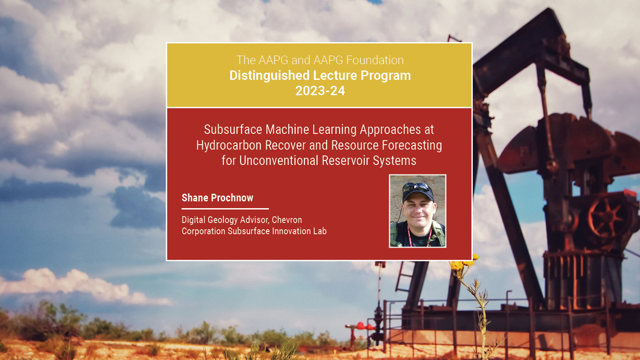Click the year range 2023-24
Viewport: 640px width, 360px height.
point(320,91)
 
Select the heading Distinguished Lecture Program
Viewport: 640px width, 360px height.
point(320,75)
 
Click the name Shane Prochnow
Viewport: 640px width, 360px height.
point(217,198)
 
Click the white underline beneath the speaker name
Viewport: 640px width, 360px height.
point(225,208)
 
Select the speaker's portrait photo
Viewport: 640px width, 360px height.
point(417,211)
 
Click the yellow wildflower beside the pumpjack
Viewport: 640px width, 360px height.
point(457,265)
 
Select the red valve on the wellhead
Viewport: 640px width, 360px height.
point(360,325)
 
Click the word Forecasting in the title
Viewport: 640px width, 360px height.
point(411,145)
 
